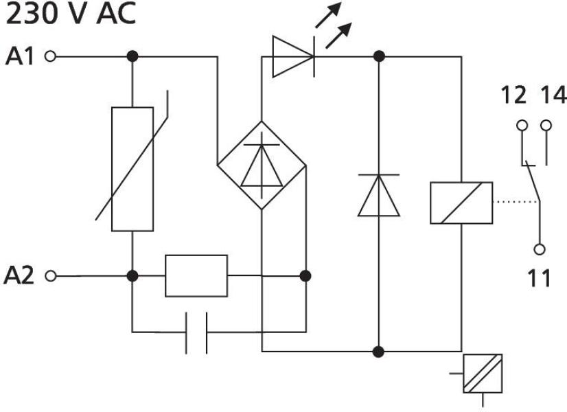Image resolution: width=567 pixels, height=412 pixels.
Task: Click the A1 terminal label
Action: coord(20,56)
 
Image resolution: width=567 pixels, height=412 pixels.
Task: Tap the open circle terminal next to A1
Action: coord(49,56)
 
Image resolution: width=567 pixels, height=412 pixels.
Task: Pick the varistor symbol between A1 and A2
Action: coord(132,169)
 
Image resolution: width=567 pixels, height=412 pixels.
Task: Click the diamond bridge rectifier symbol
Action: coord(262,165)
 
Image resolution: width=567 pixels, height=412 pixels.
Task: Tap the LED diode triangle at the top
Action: coord(292,56)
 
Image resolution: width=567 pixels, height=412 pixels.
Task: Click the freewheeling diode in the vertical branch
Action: coord(378,195)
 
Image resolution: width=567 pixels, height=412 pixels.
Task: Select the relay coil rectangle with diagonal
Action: coord(461,203)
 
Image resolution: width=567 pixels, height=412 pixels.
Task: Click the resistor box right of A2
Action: coord(196,275)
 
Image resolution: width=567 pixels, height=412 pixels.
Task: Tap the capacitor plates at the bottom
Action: coord(196,333)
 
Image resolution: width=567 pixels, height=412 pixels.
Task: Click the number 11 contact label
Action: coord(540,278)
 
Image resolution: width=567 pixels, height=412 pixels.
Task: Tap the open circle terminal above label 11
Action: coord(540,249)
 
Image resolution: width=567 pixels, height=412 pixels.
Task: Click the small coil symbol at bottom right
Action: coord(483,374)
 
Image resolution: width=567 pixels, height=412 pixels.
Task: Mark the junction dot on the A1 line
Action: coord(132,56)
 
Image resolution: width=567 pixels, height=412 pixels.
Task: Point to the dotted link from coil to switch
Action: coord(515,203)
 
